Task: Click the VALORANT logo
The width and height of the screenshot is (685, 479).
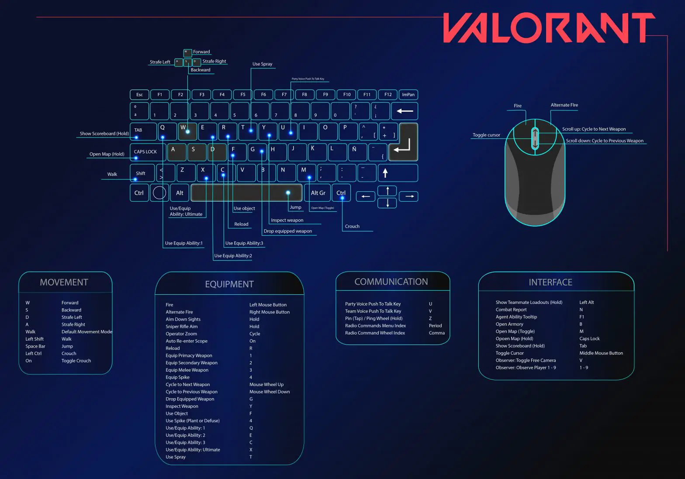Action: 549,28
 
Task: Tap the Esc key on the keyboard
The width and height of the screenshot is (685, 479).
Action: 139,94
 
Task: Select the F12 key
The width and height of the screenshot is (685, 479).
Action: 388,94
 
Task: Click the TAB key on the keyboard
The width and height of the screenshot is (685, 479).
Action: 143,131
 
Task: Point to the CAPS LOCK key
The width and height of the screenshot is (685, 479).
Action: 145,152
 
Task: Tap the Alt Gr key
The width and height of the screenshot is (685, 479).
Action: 318,193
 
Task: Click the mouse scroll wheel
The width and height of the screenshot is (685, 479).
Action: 535,138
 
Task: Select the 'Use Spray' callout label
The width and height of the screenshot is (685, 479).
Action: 262,64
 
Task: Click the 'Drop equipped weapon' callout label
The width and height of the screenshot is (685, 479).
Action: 287,231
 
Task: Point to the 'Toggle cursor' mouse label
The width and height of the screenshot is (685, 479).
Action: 486,135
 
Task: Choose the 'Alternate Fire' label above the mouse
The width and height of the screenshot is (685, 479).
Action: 564,105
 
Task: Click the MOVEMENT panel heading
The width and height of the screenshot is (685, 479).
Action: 64,283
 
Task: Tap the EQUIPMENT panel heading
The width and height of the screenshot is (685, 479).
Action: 229,284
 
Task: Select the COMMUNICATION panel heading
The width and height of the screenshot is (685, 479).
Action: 391,282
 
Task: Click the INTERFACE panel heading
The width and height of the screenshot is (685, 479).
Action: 550,283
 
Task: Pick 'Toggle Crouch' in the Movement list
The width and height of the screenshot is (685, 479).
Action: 76,361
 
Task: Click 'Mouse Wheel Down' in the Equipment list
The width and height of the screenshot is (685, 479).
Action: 270,392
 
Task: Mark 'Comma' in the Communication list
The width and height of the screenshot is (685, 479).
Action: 436,333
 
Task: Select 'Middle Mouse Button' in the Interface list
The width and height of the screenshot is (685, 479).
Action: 601,353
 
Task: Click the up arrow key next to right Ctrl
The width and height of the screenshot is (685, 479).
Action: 387,191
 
